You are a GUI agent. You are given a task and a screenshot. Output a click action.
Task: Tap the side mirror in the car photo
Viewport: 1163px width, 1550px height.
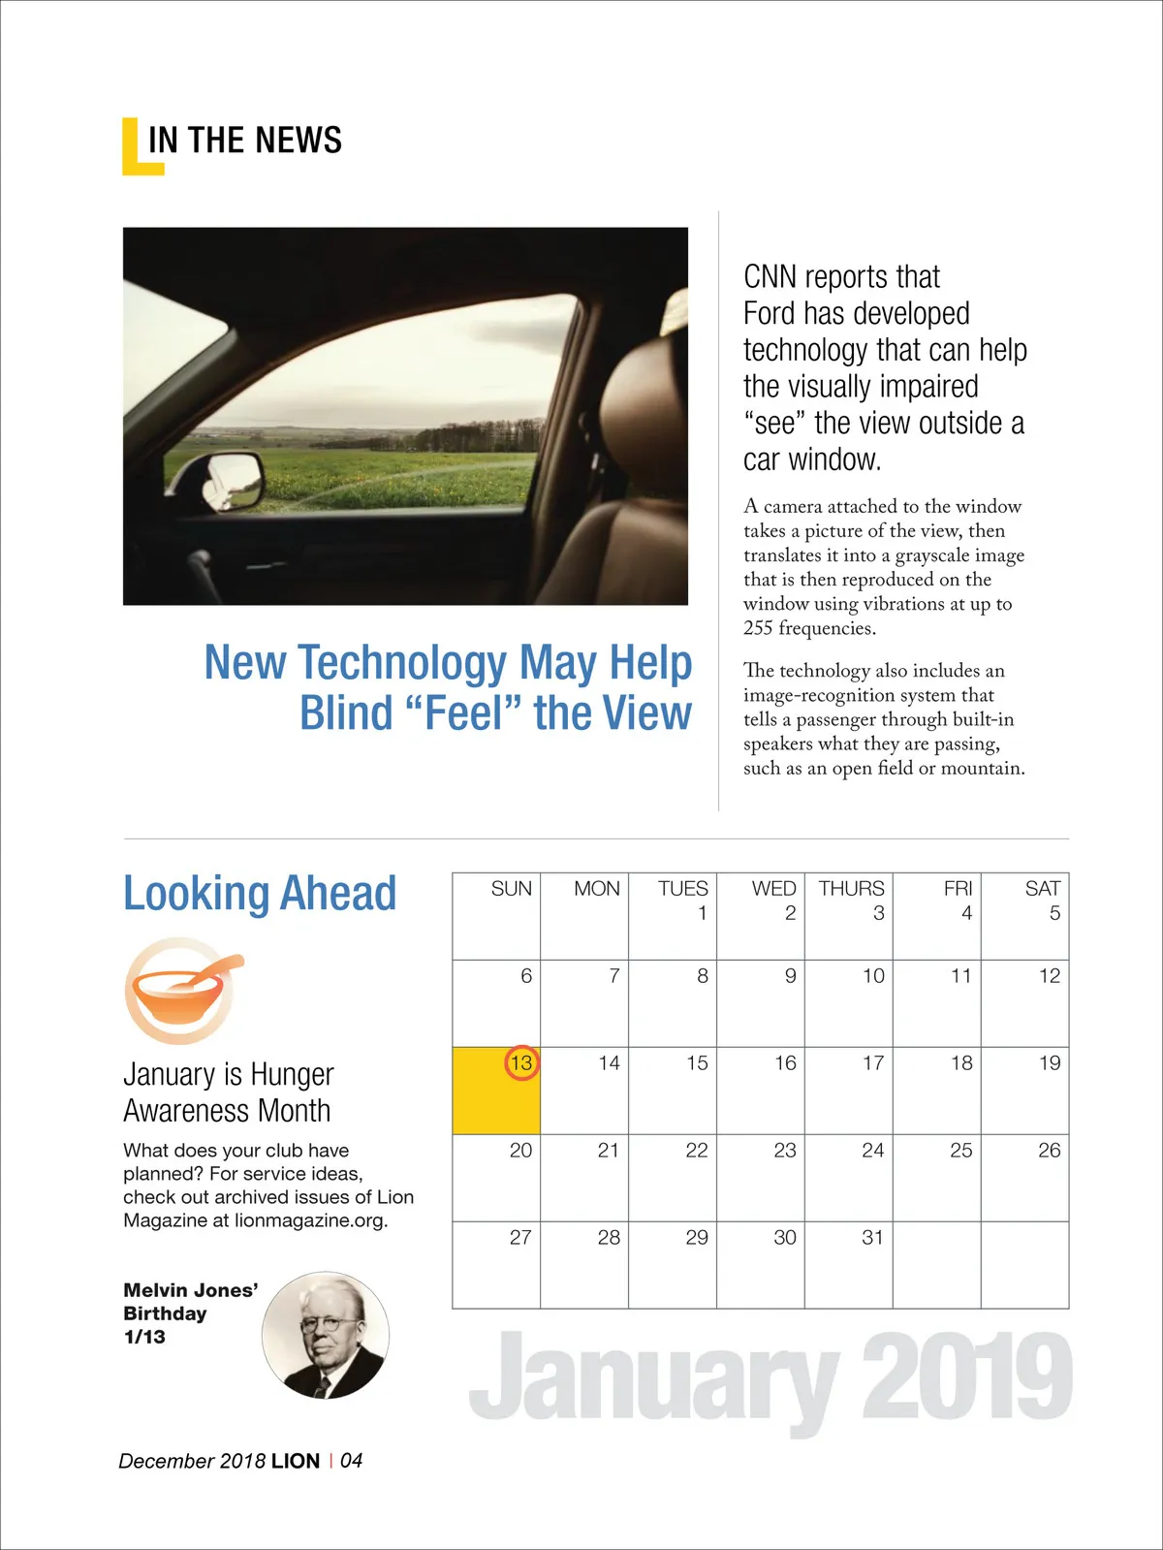234,479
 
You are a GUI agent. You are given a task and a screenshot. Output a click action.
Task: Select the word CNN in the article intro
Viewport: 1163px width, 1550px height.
770,277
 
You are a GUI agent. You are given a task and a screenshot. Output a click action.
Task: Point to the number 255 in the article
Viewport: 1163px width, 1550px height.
758,628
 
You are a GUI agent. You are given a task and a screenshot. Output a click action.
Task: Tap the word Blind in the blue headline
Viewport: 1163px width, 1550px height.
344,713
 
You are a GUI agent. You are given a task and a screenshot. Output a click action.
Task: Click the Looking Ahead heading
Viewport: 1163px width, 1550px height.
260,893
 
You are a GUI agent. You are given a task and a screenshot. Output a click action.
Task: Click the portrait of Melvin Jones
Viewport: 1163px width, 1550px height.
326,1335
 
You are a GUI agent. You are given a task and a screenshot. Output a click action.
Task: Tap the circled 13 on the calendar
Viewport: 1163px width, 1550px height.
521,1063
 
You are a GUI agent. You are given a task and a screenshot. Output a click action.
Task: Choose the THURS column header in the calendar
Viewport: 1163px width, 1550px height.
851,888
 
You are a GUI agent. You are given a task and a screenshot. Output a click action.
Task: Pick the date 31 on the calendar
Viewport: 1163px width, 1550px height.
872,1237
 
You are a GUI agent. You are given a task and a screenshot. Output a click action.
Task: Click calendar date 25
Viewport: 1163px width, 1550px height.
960,1150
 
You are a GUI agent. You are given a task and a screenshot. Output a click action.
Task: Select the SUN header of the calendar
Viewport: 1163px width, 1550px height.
511,888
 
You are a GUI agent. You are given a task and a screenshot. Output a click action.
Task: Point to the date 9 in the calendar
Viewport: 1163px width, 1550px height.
790,975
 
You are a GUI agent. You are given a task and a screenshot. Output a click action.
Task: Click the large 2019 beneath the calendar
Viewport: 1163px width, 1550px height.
966,1376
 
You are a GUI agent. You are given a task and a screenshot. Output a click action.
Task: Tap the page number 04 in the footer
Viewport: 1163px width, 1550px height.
351,1460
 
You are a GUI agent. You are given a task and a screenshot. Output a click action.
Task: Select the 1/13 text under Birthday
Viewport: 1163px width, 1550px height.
144,1337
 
